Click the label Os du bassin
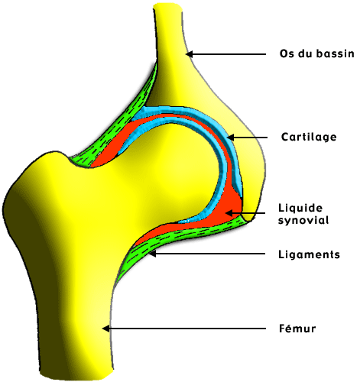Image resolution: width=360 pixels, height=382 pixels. click(x=317, y=53)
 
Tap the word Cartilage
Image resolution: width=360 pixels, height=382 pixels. click(x=309, y=137)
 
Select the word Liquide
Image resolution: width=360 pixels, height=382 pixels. click(x=300, y=208)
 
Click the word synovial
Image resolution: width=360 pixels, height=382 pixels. click(x=303, y=220)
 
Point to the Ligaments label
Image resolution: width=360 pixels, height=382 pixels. click(x=309, y=254)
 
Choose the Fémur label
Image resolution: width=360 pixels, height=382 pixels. click(x=297, y=329)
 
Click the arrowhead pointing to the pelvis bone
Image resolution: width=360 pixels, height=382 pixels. click(x=189, y=54)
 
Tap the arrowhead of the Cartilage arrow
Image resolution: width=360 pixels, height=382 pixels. click(x=230, y=138)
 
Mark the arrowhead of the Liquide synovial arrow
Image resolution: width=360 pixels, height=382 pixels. click(x=229, y=213)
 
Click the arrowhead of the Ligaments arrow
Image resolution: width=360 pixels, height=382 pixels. click(x=152, y=254)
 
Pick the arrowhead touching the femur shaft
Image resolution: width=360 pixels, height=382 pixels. click(x=105, y=329)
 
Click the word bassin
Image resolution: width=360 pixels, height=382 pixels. click(x=336, y=53)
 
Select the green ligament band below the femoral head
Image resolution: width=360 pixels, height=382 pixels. click(x=178, y=235)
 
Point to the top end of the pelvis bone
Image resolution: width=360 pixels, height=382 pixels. click(x=167, y=5)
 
